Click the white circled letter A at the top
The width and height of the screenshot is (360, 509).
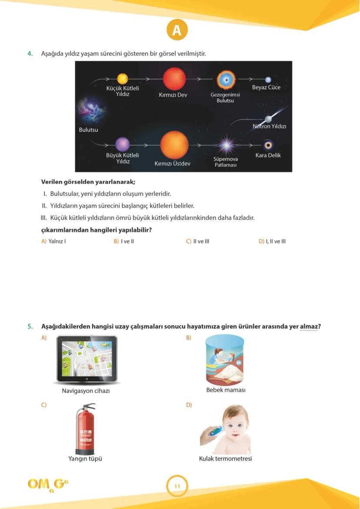tap(177, 30)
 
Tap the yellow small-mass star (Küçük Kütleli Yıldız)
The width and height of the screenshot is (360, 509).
tap(123, 79)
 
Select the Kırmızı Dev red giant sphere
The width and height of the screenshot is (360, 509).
tap(174, 79)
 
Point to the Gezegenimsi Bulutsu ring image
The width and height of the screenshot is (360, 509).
tap(226, 80)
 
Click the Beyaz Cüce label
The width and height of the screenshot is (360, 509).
tap(266, 87)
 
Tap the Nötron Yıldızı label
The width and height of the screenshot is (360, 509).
tap(270, 126)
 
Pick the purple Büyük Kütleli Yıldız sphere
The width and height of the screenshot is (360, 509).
tap(123, 144)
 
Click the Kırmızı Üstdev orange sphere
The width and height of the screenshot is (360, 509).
tap(174, 145)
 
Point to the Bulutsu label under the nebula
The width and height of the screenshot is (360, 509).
tap(88, 130)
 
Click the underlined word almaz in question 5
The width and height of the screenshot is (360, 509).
tap(308, 326)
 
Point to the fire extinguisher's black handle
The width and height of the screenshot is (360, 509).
tap(87, 407)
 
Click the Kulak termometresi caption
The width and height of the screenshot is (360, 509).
tap(225, 459)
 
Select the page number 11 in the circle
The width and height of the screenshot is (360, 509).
tap(177, 486)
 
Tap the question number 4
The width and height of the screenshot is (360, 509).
tap(30, 54)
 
